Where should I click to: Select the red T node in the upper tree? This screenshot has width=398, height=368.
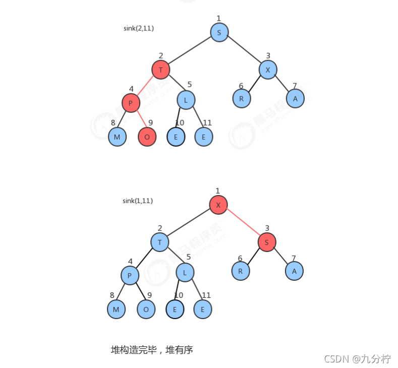tap(160, 70)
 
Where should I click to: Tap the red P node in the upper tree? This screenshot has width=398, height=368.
tap(131, 103)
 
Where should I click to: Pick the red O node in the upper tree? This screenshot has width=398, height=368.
tap(147, 137)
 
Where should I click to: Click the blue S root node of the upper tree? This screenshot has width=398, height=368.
tap(219, 32)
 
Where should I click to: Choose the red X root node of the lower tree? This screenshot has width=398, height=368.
tap(218, 205)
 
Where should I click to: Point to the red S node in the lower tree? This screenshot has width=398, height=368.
tap(266, 243)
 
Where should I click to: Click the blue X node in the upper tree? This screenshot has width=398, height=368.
tap(268, 70)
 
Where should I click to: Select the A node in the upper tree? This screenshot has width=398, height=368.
tap(295, 98)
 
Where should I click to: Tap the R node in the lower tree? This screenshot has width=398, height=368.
tap(241, 271)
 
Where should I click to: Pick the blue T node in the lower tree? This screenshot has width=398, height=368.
tap(159, 242)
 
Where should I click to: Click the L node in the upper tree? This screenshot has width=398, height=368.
tap(186, 100)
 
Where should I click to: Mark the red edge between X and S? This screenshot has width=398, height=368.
tap(243, 224)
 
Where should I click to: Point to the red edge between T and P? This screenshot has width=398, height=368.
tap(146, 86)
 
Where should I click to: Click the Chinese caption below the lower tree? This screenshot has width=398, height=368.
tap(152, 349)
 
